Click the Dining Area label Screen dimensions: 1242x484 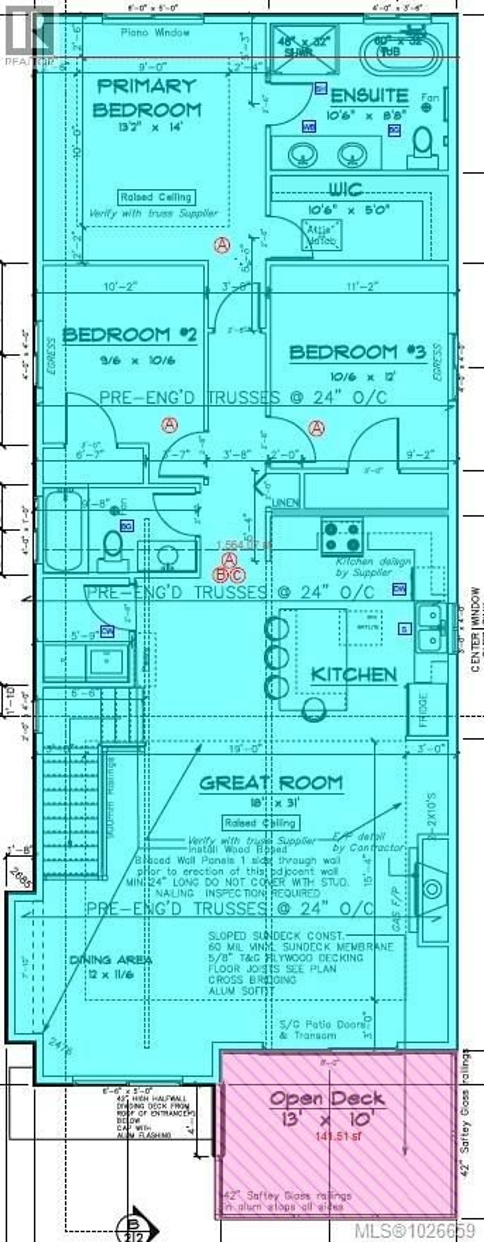(x=111, y=947)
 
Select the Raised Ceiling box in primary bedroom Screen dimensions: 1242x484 (x=156, y=197)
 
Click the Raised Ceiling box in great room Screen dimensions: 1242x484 (x=261, y=823)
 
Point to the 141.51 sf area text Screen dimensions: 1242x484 (x=338, y=1119)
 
